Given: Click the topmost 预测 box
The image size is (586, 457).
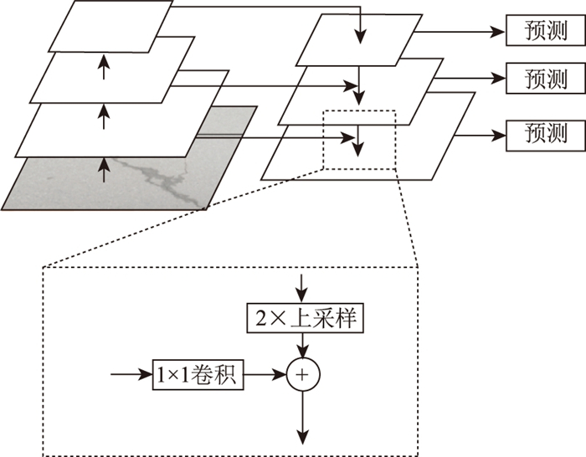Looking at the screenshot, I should [545, 31].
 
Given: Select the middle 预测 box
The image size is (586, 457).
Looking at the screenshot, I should [545, 80].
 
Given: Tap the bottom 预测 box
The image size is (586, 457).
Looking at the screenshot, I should [545, 133].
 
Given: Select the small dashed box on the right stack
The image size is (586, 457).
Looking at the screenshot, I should [357, 139].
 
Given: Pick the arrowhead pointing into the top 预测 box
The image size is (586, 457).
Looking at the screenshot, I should [500, 31].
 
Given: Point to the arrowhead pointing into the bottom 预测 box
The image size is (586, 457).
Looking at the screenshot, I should [500, 133].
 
